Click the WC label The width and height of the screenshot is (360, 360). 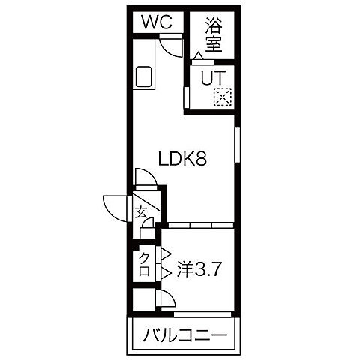pos(157,22)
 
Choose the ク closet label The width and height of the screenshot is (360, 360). pos(142,262)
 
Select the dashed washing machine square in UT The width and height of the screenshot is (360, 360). pos(222,95)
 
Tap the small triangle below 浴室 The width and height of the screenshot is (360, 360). pos(198,56)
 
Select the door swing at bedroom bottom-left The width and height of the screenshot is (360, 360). pos(166,301)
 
